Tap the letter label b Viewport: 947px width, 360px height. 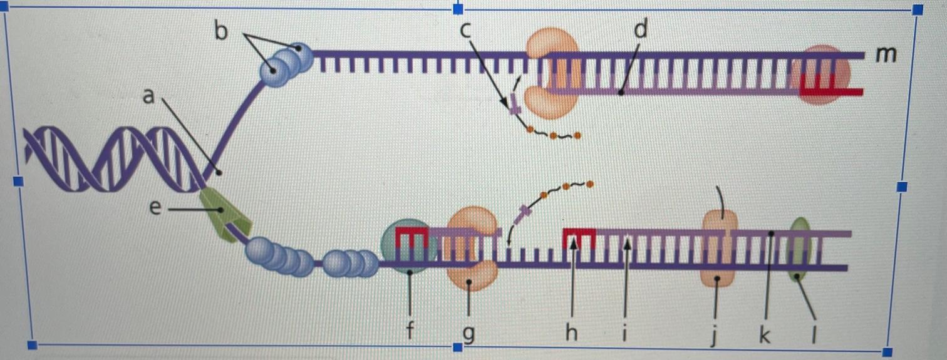pos(220,30)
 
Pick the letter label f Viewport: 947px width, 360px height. pos(410,332)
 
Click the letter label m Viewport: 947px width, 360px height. pos(886,55)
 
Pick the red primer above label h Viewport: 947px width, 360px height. pos(579,237)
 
